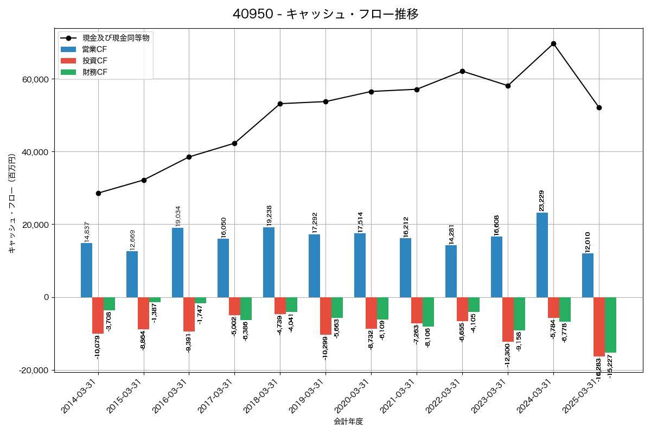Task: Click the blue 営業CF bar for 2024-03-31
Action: tap(542, 255)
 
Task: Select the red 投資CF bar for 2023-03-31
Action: tap(508, 320)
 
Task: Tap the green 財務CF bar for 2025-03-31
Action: tap(611, 325)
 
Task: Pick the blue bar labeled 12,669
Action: tap(132, 274)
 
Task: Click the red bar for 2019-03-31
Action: tap(325, 316)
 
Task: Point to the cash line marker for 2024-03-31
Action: tap(553, 43)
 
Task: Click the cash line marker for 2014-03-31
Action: tap(98, 193)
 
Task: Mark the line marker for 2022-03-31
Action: tap(462, 71)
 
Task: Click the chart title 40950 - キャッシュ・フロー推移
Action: tap(325, 14)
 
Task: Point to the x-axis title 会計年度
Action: tap(348, 422)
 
